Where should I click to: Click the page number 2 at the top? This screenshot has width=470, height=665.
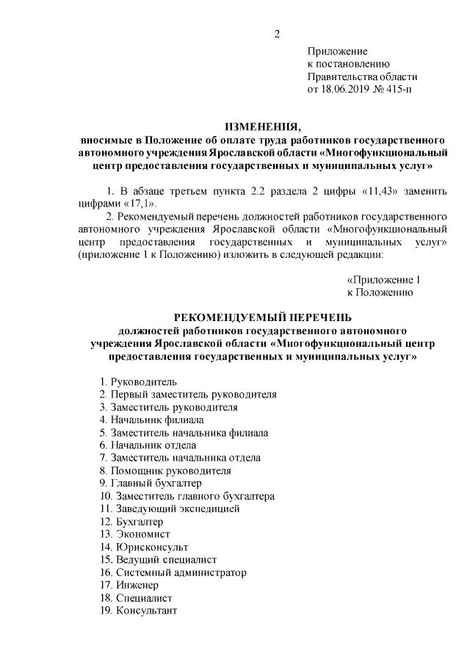[x=277, y=32]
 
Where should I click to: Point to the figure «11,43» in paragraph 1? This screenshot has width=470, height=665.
[x=382, y=191]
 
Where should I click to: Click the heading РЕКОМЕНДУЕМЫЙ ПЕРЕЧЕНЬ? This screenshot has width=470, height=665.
[x=262, y=317]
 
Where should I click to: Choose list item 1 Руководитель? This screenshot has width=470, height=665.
[x=138, y=381]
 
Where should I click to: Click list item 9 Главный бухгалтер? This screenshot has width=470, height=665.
[x=149, y=484]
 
